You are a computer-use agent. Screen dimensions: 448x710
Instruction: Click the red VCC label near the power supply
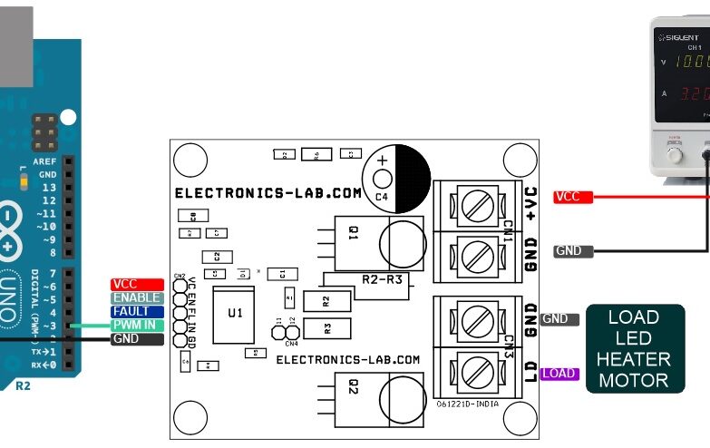pos(572,197)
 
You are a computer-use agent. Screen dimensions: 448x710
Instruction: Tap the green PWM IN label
pos(137,326)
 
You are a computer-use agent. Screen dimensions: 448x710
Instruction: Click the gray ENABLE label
pos(137,298)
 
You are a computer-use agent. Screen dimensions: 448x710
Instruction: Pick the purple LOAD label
pos(559,374)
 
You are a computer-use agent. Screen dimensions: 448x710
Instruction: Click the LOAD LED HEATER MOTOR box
pos(634,349)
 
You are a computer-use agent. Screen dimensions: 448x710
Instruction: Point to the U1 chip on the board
pos(235,313)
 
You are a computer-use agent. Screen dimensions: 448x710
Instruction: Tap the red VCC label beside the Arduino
pos(137,285)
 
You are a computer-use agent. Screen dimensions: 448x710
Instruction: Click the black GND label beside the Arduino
pos(137,339)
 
